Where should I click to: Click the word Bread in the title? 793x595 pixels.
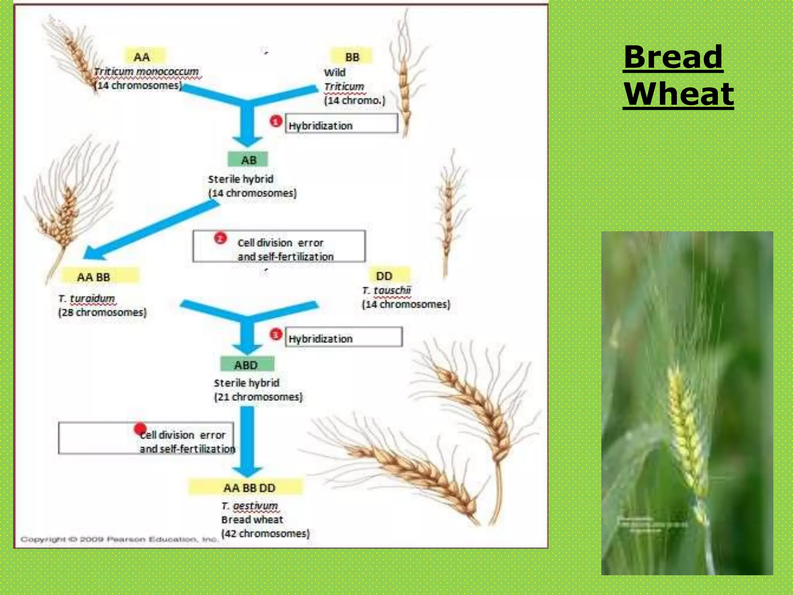coord(673,57)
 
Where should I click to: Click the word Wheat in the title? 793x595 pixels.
coord(678,94)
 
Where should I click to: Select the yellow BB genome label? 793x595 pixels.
coord(352,57)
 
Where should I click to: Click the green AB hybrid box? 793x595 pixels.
coord(248,160)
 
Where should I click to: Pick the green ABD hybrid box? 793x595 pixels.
coord(247,365)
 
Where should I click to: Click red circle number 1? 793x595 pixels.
coord(276,122)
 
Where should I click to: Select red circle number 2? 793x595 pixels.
coord(220,238)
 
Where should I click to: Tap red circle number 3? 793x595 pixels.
coord(276,334)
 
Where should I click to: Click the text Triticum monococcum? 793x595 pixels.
coord(146,72)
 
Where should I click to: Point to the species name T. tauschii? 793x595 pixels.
coord(386,290)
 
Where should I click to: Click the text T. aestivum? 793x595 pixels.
coord(250,506)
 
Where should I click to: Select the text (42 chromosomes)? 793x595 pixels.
coord(265,533)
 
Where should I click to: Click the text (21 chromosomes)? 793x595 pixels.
coord(258,397)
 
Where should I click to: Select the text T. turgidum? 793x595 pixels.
coord(87,298)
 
